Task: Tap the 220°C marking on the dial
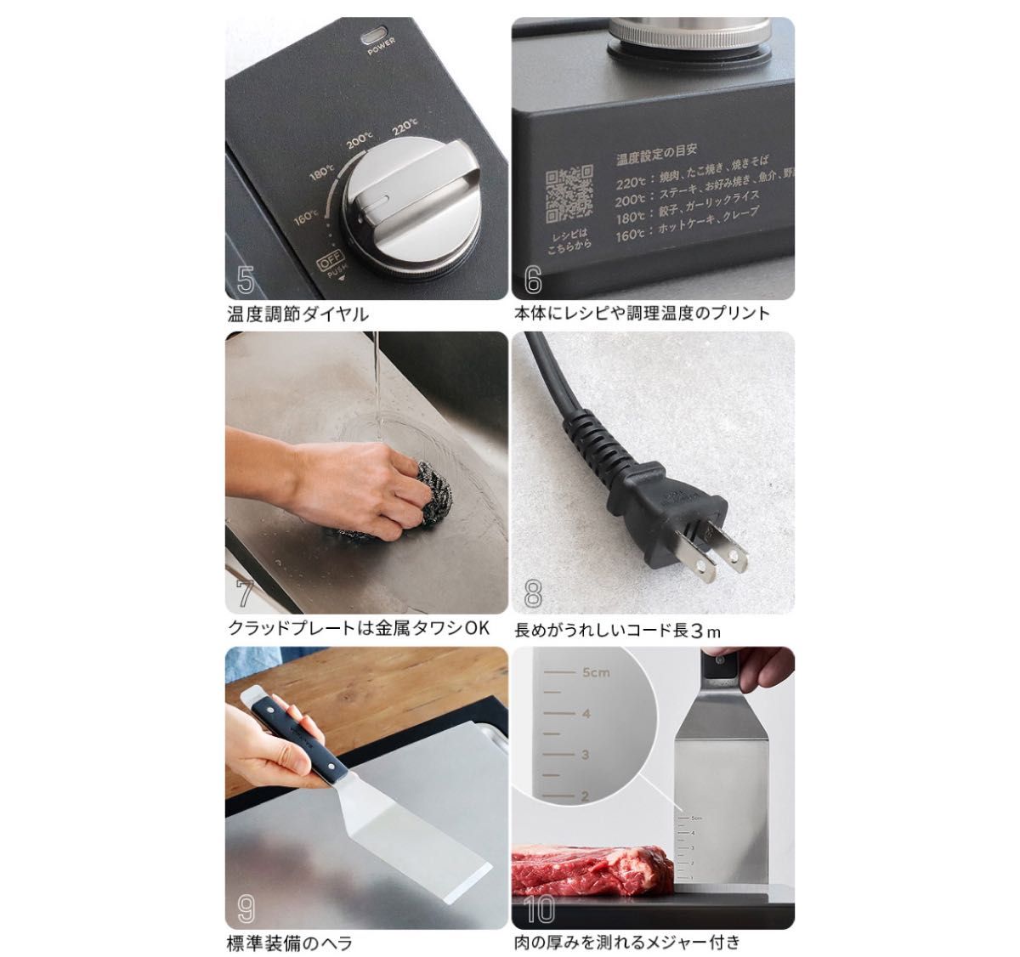pos(405,128)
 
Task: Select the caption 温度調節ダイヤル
pos(298,313)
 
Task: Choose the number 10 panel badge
pos(539,909)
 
